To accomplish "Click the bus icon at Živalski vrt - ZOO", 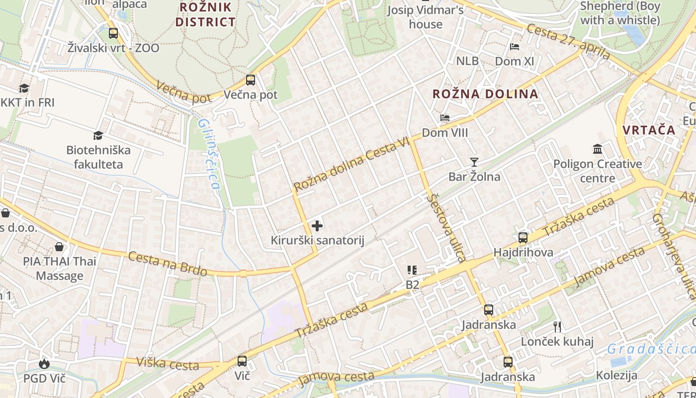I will [x=113, y=33].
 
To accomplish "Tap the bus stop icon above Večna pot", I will [x=251, y=80].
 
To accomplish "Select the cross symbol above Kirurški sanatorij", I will [x=317, y=226].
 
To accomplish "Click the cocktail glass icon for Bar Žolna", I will [x=474, y=162].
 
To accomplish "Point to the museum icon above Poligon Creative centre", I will [x=598, y=149].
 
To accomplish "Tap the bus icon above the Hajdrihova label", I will [x=523, y=237].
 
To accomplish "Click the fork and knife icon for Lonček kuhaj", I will [x=557, y=326].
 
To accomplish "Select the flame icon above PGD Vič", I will [x=44, y=364].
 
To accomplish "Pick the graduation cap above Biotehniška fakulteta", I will [x=98, y=135].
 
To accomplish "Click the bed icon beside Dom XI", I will [x=515, y=47].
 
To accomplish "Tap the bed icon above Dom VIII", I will [x=445, y=118].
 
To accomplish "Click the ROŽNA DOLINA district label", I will [x=485, y=94].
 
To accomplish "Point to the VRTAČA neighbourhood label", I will [x=649, y=130].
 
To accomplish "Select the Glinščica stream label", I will [x=209, y=154].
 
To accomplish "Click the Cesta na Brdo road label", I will [x=168, y=263].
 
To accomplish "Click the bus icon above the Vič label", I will [x=242, y=361].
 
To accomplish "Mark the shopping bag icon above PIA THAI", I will [x=59, y=247].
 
